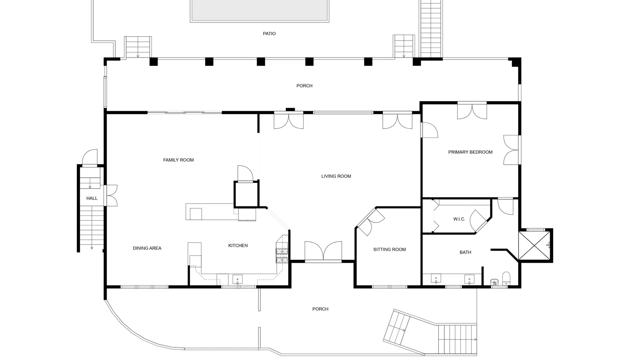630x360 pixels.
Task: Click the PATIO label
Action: tap(269, 34)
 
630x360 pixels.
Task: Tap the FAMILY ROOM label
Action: tap(178, 160)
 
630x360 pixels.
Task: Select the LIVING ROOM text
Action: tap(336, 176)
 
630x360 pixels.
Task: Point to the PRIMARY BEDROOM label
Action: tap(470, 152)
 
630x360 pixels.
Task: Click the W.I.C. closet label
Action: tap(459, 219)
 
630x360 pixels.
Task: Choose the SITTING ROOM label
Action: tap(389, 249)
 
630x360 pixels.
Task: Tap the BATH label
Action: tap(465, 252)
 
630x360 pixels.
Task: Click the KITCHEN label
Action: tap(238, 245)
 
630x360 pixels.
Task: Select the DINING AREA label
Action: tap(147, 248)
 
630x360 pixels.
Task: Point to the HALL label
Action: tap(92, 198)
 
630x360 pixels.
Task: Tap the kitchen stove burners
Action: tap(282, 256)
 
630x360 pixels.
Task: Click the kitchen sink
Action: tap(237, 280)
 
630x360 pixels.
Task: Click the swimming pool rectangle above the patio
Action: tap(259, 10)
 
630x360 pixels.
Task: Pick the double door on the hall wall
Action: tap(111, 195)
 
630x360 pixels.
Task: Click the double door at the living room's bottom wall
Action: tap(323, 251)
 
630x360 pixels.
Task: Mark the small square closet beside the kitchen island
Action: tap(246, 194)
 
